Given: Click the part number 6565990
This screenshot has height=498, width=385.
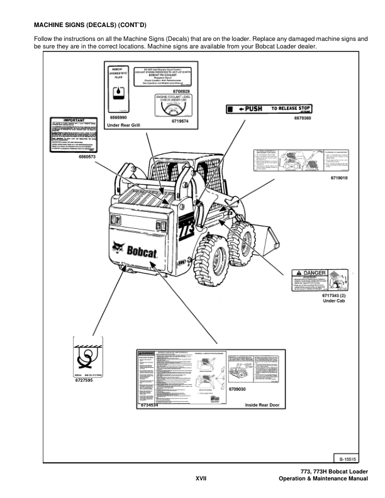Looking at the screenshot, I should click(x=119, y=117).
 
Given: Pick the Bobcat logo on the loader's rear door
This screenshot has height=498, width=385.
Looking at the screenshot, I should click(x=139, y=250).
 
